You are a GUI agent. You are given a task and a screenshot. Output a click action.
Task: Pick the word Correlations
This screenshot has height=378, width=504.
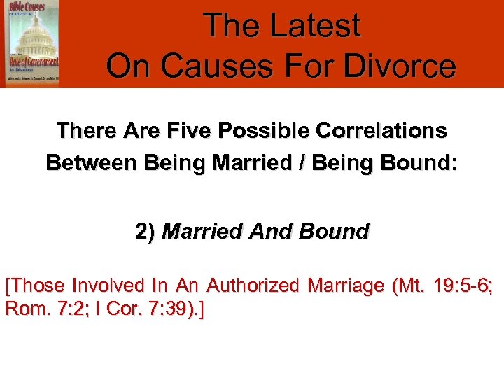tap(384, 131)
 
